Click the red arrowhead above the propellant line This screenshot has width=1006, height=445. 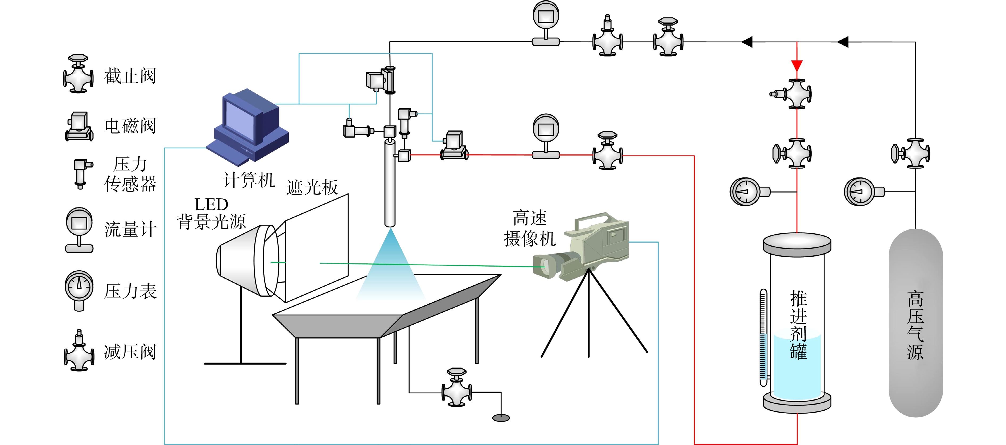click(x=797, y=66)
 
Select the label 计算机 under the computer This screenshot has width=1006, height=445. click(x=249, y=180)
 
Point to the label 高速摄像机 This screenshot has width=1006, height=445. click(x=530, y=228)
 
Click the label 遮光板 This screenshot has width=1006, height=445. click(x=312, y=187)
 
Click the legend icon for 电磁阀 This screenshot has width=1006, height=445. click(x=79, y=126)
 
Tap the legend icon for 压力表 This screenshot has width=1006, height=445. click(x=79, y=290)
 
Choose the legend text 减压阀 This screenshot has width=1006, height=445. click(x=130, y=352)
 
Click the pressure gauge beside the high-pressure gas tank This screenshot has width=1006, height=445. click(x=864, y=191)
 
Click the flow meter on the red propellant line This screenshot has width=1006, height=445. click(x=546, y=136)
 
